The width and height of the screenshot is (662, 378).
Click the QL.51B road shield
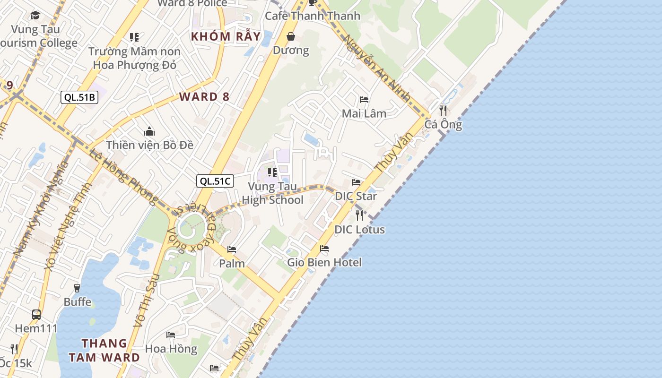[x=79, y=97]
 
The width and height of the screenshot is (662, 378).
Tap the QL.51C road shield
[x=215, y=180]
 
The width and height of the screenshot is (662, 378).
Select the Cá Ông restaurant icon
[x=443, y=111]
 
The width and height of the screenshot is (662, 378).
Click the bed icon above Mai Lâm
[x=364, y=100]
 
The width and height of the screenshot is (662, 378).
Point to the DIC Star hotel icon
[x=356, y=182]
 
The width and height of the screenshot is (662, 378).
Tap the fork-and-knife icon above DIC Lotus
[x=359, y=215]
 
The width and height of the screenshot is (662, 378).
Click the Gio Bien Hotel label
[x=324, y=262]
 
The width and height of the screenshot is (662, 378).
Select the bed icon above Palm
[x=232, y=249]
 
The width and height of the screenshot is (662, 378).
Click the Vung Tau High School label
[x=272, y=193]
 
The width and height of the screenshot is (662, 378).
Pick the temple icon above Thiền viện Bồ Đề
[x=149, y=131]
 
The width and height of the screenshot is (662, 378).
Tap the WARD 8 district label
[x=204, y=97]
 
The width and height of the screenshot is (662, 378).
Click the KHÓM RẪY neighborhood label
[x=226, y=36]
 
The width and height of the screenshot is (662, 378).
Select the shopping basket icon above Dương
[x=291, y=36]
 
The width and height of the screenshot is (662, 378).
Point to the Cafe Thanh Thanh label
[x=312, y=16]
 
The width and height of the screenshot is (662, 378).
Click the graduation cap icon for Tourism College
[x=35, y=16]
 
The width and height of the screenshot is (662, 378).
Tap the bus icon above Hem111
[x=36, y=314]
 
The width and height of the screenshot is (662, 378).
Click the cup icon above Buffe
[x=77, y=288]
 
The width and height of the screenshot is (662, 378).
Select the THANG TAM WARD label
[x=104, y=350]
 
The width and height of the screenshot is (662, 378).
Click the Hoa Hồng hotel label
[x=171, y=349]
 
